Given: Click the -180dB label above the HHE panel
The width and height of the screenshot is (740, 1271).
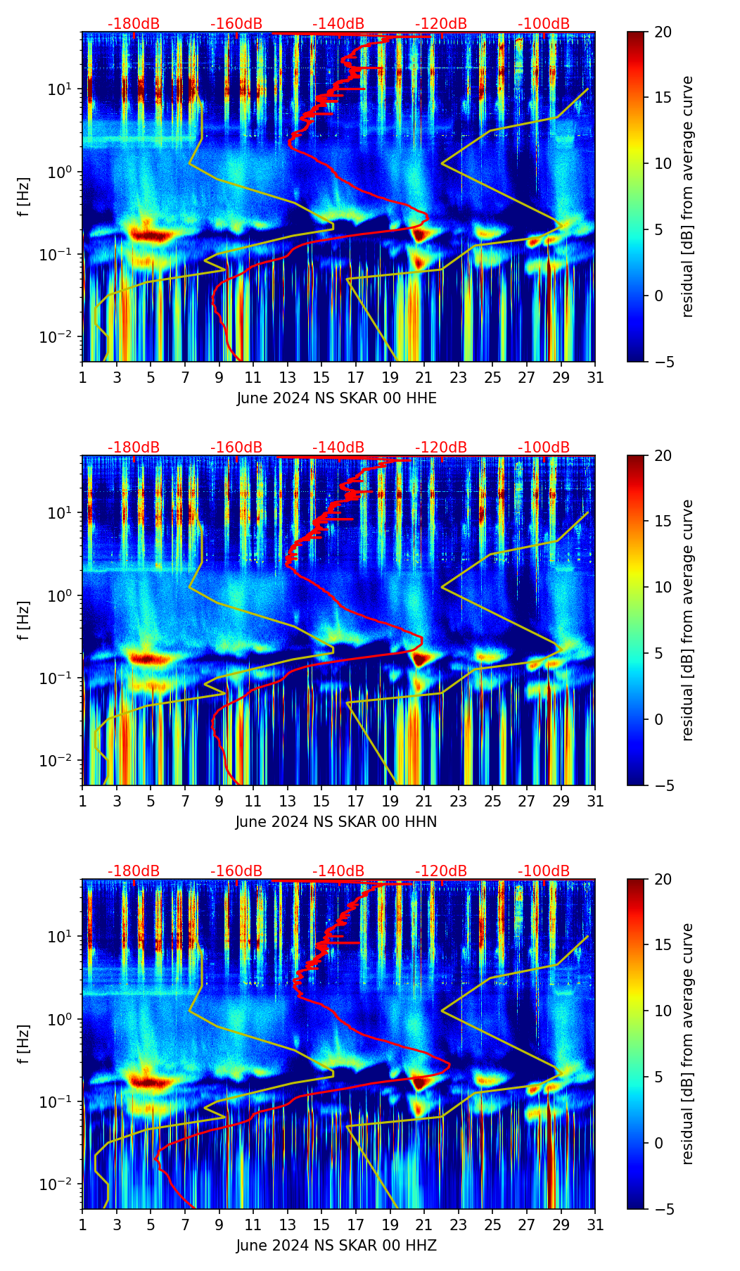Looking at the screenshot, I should coord(134,24).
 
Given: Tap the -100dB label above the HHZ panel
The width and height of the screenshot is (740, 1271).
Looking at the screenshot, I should coord(544,871).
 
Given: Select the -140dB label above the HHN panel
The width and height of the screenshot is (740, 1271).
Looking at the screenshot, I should coord(338,448).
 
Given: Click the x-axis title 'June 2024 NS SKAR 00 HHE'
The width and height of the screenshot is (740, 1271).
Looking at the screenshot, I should coord(336,398).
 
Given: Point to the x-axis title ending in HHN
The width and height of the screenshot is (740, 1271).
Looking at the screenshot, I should coord(336,822).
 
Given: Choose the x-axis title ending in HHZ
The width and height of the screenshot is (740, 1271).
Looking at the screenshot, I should coord(336,1246).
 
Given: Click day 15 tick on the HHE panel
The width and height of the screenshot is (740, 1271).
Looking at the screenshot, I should coord(321,377).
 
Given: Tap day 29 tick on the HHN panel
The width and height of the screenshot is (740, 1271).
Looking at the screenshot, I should coord(561,801).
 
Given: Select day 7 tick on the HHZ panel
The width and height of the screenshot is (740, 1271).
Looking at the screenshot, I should coord(185,1225).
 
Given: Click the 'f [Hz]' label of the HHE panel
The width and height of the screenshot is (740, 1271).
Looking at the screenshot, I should coord(24,197).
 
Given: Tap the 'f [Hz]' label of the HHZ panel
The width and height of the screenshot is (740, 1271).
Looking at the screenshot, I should coord(24,1044).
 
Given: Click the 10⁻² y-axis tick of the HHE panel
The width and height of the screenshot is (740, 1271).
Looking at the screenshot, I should coord(62,338).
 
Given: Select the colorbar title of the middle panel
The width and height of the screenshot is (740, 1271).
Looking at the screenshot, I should coord(688,620).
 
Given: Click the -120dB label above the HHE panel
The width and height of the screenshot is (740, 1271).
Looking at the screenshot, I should coord(441,24).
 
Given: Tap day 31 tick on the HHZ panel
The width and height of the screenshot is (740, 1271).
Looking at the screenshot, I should coord(595,1225).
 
